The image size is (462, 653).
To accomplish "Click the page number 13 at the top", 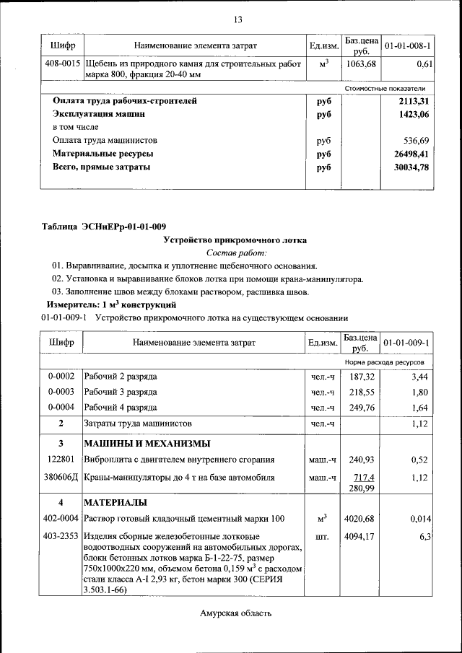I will coord(237,19).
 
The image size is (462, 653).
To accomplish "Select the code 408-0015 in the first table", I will coord(61,64).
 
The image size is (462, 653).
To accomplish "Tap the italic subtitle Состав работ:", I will coord(236,253).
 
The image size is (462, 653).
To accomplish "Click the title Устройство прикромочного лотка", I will coord(235,240).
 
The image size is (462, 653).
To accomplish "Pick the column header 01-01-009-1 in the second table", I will coord(407,342).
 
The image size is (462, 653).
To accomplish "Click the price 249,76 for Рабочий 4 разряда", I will coord(360,407).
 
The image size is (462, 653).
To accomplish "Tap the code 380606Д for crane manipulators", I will coord(61,477).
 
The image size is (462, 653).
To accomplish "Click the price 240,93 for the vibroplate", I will coord(360,459).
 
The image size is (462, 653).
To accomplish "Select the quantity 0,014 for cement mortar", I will coord(420,518).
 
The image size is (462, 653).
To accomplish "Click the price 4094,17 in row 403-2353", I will coord(360,537).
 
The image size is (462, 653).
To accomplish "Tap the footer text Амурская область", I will coord(236,614).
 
